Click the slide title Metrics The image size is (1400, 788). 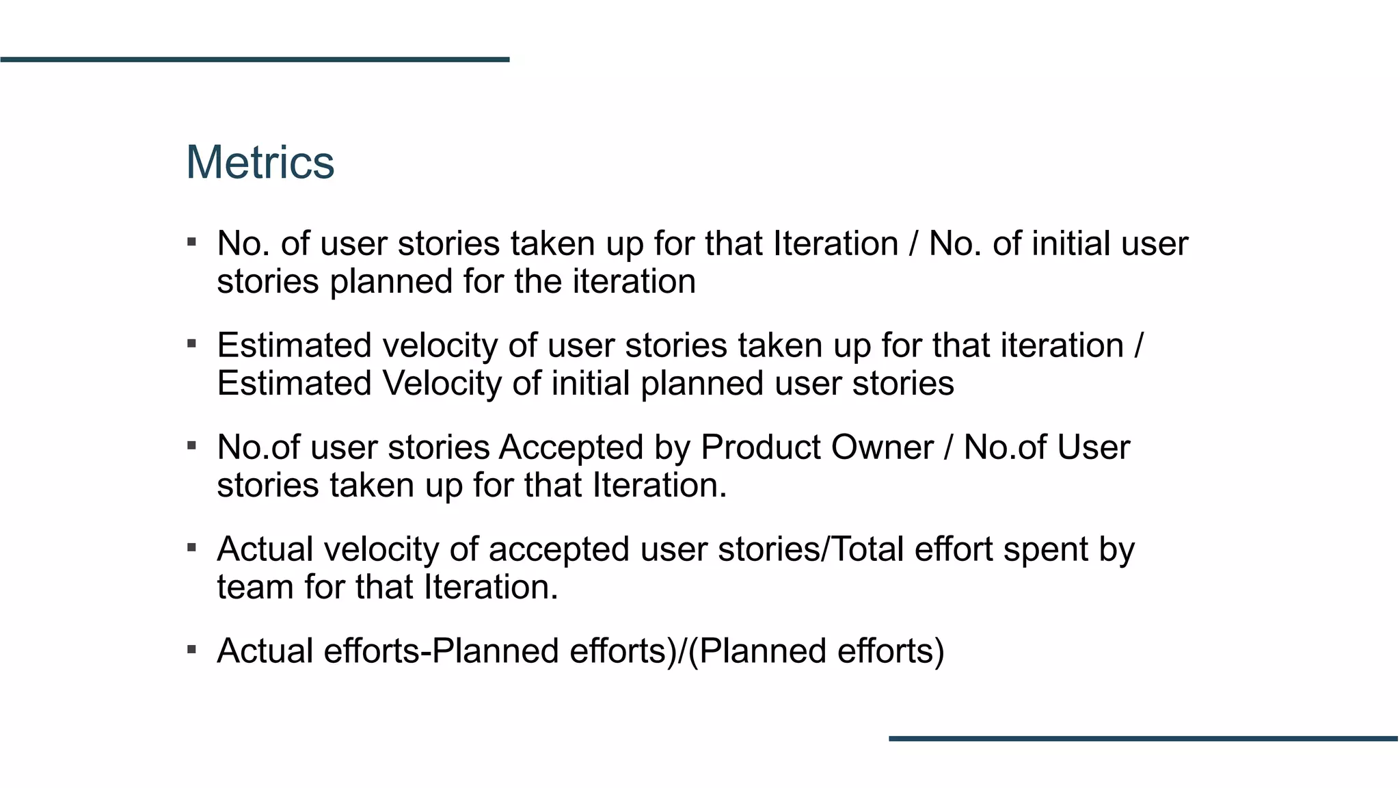[260, 163]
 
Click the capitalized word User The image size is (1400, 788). [1094, 448]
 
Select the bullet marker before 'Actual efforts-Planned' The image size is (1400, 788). [192, 649]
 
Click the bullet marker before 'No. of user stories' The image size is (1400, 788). [192, 242]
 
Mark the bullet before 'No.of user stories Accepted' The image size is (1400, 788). [192, 446]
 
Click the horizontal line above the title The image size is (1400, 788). [255, 60]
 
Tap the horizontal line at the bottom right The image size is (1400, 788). [1143, 739]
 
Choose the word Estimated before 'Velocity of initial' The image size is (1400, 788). [294, 384]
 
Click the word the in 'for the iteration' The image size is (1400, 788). [537, 282]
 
